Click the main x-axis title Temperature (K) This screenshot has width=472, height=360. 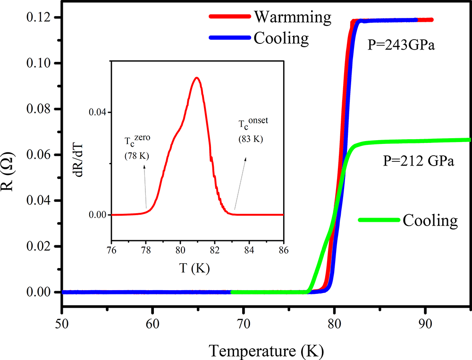[x=266, y=351]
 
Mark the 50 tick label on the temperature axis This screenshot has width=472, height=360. [x=61, y=312]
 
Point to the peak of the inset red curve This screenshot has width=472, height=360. [x=196, y=77]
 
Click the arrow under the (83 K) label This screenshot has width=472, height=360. [x=239, y=184]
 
